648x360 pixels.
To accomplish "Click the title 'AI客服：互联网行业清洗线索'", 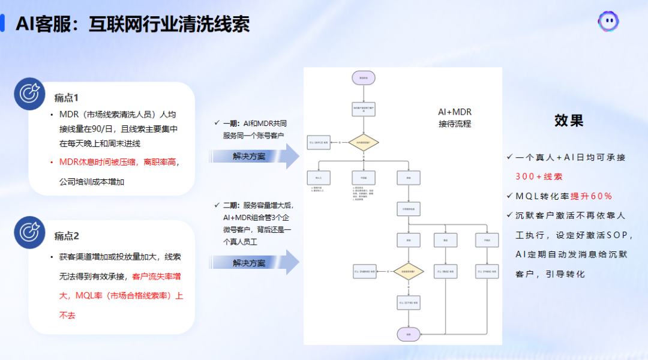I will tap(132, 24).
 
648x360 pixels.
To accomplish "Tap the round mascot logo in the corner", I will tap(608, 22).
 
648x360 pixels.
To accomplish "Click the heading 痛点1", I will tap(67, 98).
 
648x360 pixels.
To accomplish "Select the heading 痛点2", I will tap(67, 236).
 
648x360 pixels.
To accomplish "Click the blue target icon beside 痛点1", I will tap(30, 94).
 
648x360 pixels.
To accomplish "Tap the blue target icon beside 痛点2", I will tap(30, 232).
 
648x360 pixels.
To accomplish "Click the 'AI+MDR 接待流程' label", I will tap(455, 118).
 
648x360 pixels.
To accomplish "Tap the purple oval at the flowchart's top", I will tap(364, 77).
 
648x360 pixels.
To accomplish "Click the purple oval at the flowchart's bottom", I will tap(409, 334).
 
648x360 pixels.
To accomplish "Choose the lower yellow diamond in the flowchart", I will tap(409, 272).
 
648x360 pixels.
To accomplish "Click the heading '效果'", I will tap(569, 121).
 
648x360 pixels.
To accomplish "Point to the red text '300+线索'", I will tap(539, 176).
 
